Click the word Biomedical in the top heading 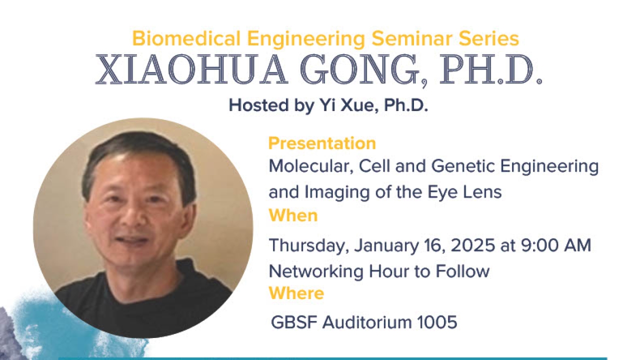coord(186,38)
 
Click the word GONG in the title coord(360,69)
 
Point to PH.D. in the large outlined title coord(490,69)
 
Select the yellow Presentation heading coord(322,143)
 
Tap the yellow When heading coord(293,215)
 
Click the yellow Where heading coord(296,293)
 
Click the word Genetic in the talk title coord(463,166)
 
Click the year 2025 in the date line coord(473,245)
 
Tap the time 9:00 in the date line coord(540,245)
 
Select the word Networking coord(316,271)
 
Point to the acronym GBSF coord(294,322)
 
